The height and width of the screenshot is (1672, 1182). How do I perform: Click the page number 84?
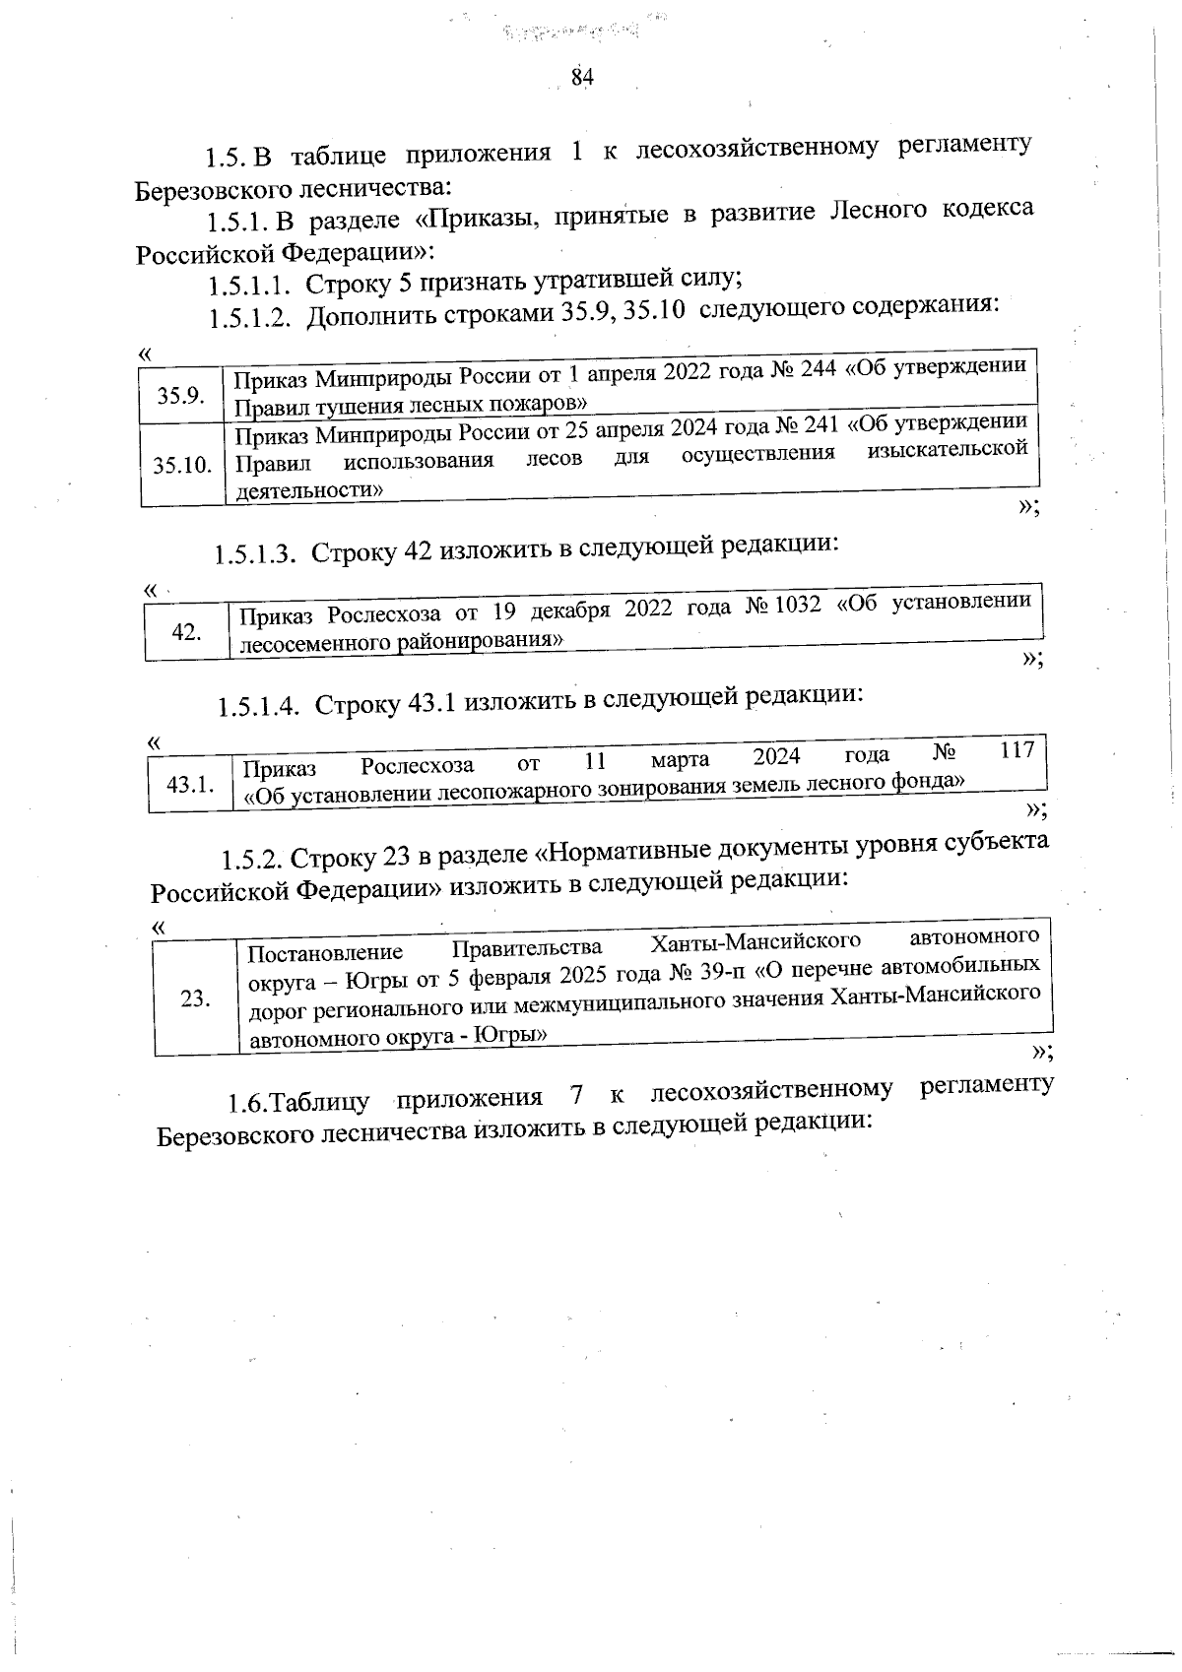582,78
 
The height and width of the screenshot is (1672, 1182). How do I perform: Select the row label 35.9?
181,396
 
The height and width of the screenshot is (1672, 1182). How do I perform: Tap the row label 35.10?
183,464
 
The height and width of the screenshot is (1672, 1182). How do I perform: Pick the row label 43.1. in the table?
190,785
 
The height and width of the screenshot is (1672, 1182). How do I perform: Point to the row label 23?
195,998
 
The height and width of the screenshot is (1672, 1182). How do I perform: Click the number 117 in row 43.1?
1017,750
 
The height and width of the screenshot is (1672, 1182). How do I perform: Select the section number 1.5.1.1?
248,286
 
